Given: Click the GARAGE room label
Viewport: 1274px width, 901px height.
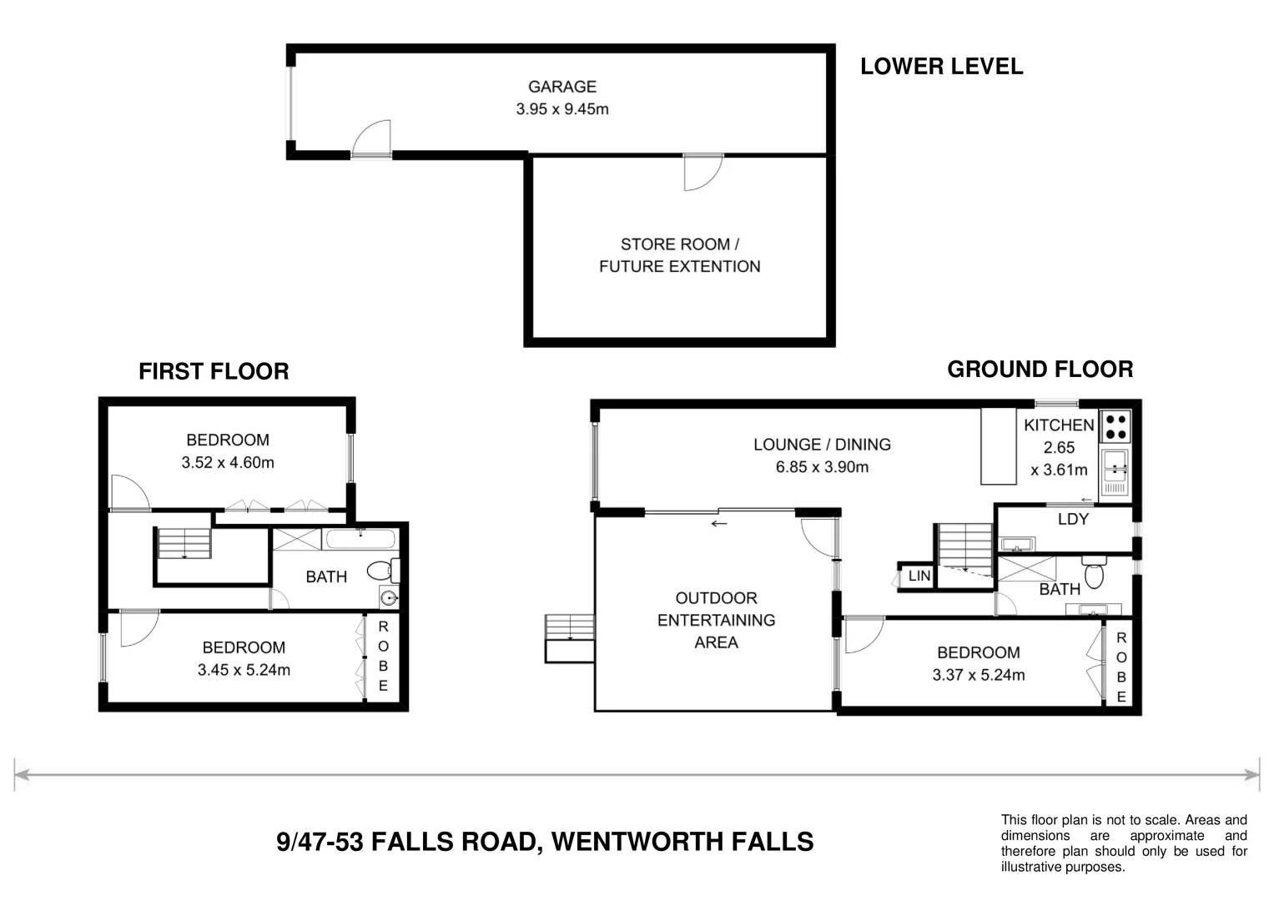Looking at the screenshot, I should click(x=561, y=87).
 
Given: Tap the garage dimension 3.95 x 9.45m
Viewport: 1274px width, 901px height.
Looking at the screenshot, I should click(x=561, y=109).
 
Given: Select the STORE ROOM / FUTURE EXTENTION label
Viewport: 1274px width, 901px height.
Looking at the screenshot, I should click(x=679, y=255).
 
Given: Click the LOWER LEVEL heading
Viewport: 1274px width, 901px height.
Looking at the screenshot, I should click(x=941, y=67).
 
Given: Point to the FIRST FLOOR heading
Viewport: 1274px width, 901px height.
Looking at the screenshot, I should click(x=214, y=371).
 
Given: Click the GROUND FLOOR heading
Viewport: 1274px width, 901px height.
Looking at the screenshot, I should click(x=1040, y=370).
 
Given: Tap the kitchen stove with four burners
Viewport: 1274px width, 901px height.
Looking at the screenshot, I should click(x=1115, y=427).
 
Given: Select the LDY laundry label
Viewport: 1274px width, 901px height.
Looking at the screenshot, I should click(x=1072, y=519).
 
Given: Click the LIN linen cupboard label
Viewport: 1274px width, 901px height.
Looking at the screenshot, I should click(x=919, y=576).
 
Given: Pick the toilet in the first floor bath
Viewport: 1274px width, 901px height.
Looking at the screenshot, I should click(x=382, y=571).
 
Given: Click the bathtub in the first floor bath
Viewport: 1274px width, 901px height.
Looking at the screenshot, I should click(x=360, y=539).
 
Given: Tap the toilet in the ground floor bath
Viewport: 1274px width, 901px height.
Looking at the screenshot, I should click(x=1094, y=574).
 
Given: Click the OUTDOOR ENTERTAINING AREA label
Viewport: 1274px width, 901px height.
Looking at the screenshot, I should click(x=716, y=620).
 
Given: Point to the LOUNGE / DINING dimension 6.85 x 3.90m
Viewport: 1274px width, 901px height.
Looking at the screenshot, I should click(x=822, y=467).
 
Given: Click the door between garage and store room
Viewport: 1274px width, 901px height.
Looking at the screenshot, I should click(x=702, y=171).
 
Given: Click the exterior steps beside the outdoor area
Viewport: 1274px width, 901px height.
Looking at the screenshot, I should click(x=569, y=638).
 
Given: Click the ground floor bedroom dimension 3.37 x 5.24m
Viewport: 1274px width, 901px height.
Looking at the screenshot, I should click(x=978, y=675).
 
